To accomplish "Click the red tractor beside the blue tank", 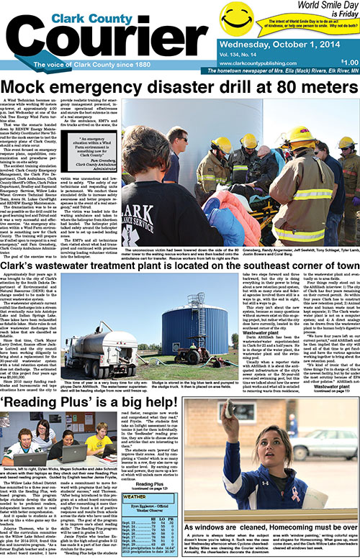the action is (173, 355).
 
